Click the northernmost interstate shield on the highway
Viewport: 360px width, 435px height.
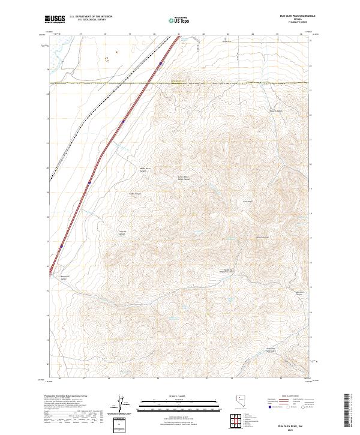click(161, 63)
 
